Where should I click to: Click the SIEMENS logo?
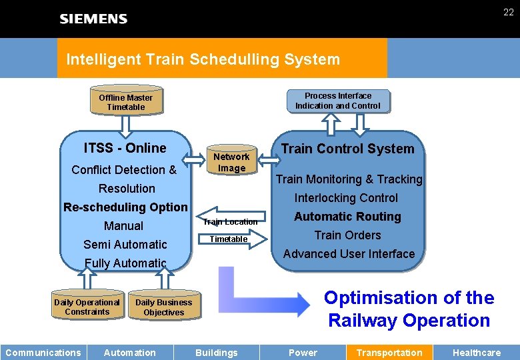point(93,19)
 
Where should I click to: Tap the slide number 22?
point(508,12)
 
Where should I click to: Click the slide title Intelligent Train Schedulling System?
point(203,59)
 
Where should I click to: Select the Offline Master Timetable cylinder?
point(126,102)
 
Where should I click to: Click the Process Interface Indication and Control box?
point(338,101)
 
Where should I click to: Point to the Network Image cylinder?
point(231,162)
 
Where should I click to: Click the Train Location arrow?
point(230,221)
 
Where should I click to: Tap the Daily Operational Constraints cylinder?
point(87,307)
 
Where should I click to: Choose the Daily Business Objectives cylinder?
point(164,307)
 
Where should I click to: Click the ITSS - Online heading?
point(125,148)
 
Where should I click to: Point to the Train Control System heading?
point(347,149)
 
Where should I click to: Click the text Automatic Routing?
point(347,217)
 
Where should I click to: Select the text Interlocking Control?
point(346,198)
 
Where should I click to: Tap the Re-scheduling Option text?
point(125,207)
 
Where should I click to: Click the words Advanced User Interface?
point(349,254)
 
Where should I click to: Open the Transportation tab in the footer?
point(389,353)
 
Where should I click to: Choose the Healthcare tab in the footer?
point(476,353)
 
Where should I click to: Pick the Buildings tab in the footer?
point(216,353)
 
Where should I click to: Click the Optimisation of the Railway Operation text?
point(409,309)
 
